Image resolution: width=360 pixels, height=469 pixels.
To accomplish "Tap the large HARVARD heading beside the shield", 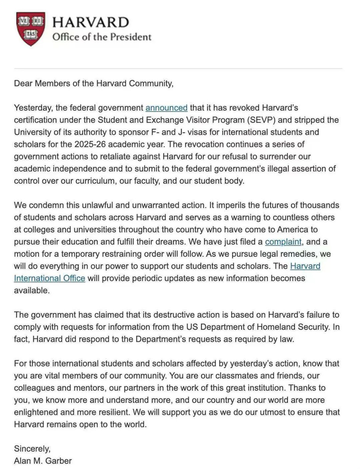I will pyautogui.click(x=90, y=22).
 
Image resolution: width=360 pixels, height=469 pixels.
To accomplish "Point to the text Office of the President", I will pyautogui.click(x=102, y=37).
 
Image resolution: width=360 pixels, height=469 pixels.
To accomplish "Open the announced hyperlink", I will pyautogui.click(x=166, y=108).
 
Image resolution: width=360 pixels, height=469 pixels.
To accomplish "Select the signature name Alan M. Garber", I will pyautogui.click(x=43, y=461).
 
